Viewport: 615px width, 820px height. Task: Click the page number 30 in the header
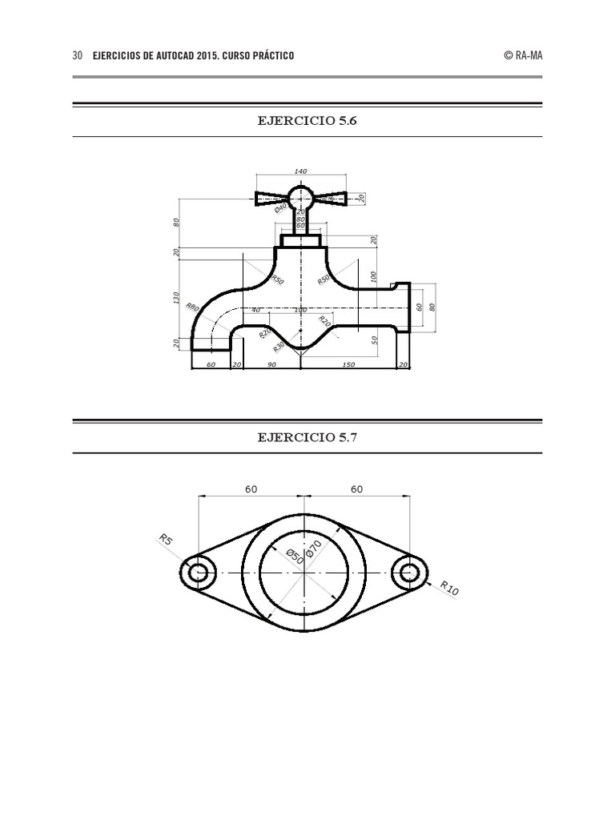click(78, 56)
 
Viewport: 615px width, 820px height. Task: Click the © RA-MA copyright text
click(523, 56)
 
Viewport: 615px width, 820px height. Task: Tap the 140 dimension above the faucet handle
click(301, 171)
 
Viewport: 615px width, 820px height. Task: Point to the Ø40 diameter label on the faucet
click(280, 207)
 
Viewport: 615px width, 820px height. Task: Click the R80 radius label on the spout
click(192, 306)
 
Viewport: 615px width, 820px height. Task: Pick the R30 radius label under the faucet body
click(278, 347)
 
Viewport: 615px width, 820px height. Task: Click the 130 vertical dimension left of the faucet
click(177, 298)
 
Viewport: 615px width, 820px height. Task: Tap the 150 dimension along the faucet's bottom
click(348, 364)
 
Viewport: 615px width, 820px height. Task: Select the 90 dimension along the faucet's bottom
click(272, 364)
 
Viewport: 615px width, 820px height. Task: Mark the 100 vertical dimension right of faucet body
click(373, 276)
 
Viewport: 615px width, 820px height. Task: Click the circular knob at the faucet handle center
click(301, 196)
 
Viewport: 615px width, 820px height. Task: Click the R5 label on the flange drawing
click(166, 540)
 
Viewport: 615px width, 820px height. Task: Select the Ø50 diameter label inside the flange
click(296, 557)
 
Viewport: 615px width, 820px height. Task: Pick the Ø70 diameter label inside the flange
click(312, 549)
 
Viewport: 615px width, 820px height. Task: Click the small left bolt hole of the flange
click(199, 572)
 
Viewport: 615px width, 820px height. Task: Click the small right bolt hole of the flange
click(409, 572)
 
